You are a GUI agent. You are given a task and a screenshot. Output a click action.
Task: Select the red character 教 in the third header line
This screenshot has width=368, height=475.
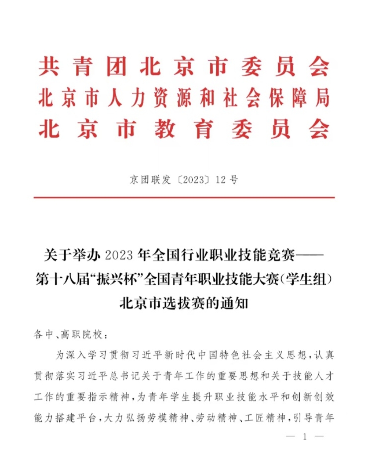pos(165,130)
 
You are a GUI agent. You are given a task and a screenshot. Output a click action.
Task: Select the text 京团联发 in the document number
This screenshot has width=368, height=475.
pos(150,180)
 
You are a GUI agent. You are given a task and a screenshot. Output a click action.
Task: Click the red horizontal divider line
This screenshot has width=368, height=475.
pos(184,197)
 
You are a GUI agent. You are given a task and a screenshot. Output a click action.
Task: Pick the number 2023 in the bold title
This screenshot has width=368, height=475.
pos(119,255)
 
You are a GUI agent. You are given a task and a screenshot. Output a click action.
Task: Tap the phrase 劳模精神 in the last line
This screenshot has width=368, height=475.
pos(169,418)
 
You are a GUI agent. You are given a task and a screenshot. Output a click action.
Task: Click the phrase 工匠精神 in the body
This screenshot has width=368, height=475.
pos(265,418)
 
